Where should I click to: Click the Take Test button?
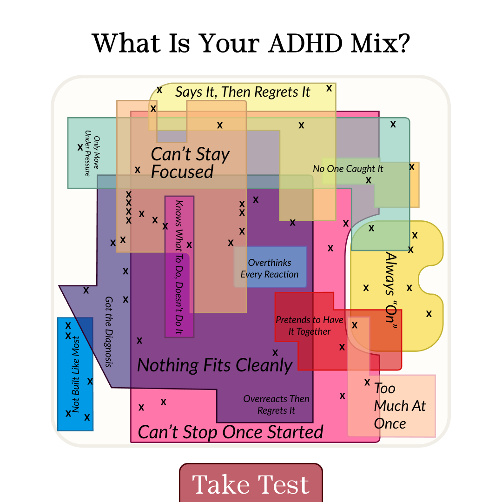click(251, 483)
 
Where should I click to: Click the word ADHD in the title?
click(305, 43)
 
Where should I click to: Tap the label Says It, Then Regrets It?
click(243, 92)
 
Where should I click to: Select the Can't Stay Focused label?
click(190, 163)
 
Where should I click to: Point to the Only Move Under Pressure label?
click(92, 153)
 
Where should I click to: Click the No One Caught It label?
click(348, 169)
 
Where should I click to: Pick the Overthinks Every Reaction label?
click(270, 268)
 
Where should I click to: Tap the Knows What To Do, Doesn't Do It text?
click(178, 267)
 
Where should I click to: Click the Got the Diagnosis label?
click(109, 332)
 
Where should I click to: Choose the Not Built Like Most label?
click(76, 374)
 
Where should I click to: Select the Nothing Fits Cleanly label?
click(215, 365)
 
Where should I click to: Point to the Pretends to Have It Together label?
click(310, 325)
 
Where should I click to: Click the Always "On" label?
click(391, 291)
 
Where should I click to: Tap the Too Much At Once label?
click(400, 406)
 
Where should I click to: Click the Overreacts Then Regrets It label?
click(276, 405)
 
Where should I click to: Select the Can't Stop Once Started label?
click(231, 432)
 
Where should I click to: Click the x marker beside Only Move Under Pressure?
click(80, 147)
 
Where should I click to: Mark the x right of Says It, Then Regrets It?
click(329, 88)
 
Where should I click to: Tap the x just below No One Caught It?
click(369, 180)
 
